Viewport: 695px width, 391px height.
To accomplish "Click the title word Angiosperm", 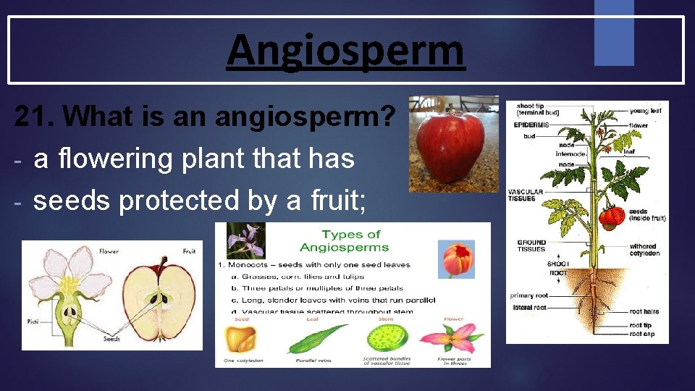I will (345, 51).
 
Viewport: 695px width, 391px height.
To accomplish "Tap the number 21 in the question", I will (33, 116).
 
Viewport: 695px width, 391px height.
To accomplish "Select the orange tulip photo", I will (457, 260).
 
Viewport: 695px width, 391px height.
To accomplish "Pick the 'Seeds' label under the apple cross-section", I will (112, 338).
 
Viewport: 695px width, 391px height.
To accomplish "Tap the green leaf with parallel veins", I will (319, 338).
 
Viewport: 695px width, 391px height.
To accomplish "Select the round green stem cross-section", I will (387, 337).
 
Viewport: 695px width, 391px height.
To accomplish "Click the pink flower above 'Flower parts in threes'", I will (452, 338).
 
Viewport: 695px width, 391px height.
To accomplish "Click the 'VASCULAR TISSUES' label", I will (526, 195).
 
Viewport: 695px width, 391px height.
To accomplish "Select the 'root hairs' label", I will (644, 312).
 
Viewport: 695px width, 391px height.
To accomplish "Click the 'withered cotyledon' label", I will (644, 250).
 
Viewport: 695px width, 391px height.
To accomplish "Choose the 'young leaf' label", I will (644, 112).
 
